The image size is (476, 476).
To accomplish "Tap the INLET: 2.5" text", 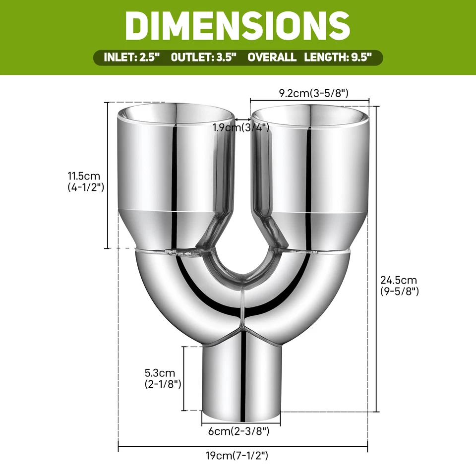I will click(x=131, y=57).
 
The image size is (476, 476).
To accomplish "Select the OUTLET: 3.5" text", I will click(x=204, y=57).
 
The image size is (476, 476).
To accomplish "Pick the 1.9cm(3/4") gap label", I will click(x=240, y=127).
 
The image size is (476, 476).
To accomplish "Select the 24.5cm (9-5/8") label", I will click(x=400, y=286).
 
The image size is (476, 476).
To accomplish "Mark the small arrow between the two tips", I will click(x=242, y=119).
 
